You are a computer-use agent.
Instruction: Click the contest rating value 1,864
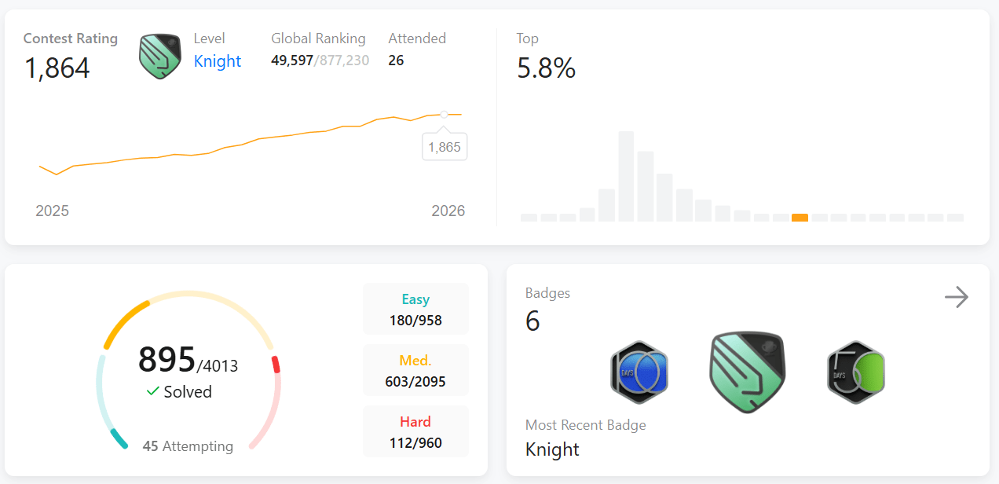pyautogui.click(x=57, y=68)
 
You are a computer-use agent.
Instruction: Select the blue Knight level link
pyautogui.click(x=218, y=61)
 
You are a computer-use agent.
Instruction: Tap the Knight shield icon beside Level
pyautogui.click(x=160, y=57)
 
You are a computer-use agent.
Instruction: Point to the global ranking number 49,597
pyautogui.click(x=291, y=60)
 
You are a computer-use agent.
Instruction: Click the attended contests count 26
pyautogui.click(x=396, y=60)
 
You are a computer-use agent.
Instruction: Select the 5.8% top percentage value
pyautogui.click(x=547, y=68)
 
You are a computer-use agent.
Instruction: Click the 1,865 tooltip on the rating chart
pyautogui.click(x=445, y=147)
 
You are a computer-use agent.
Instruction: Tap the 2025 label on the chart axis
pyautogui.click(x=52, y=211)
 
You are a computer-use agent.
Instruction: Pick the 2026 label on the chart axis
pyautogui.click(x=448, y=211)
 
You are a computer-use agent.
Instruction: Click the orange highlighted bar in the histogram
pyautogui.click(x=800, y=218)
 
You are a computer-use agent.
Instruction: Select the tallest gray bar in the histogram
pyautogui.click(x=626, y=176)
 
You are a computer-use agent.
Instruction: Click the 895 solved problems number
pyautogui.click(x=166, y=359)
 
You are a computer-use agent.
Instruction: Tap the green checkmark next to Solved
pyautogui.click(x=152, y=391)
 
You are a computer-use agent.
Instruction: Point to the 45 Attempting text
pyautogui.click(x=188, y=446)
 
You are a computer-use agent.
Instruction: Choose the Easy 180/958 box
pyautogui.click(x=415, y=309)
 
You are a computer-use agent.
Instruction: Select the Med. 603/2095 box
pyautogui.click(x=415, y=370)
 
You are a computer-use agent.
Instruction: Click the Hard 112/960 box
pyautogui.click(x=415, y=431)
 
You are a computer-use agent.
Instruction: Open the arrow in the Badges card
pyautogui.click(x=957, y=297)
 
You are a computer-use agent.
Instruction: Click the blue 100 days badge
pyautogui.click(x=639, y=372)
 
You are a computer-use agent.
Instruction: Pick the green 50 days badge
pyautogui.click(x=856, y=372)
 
